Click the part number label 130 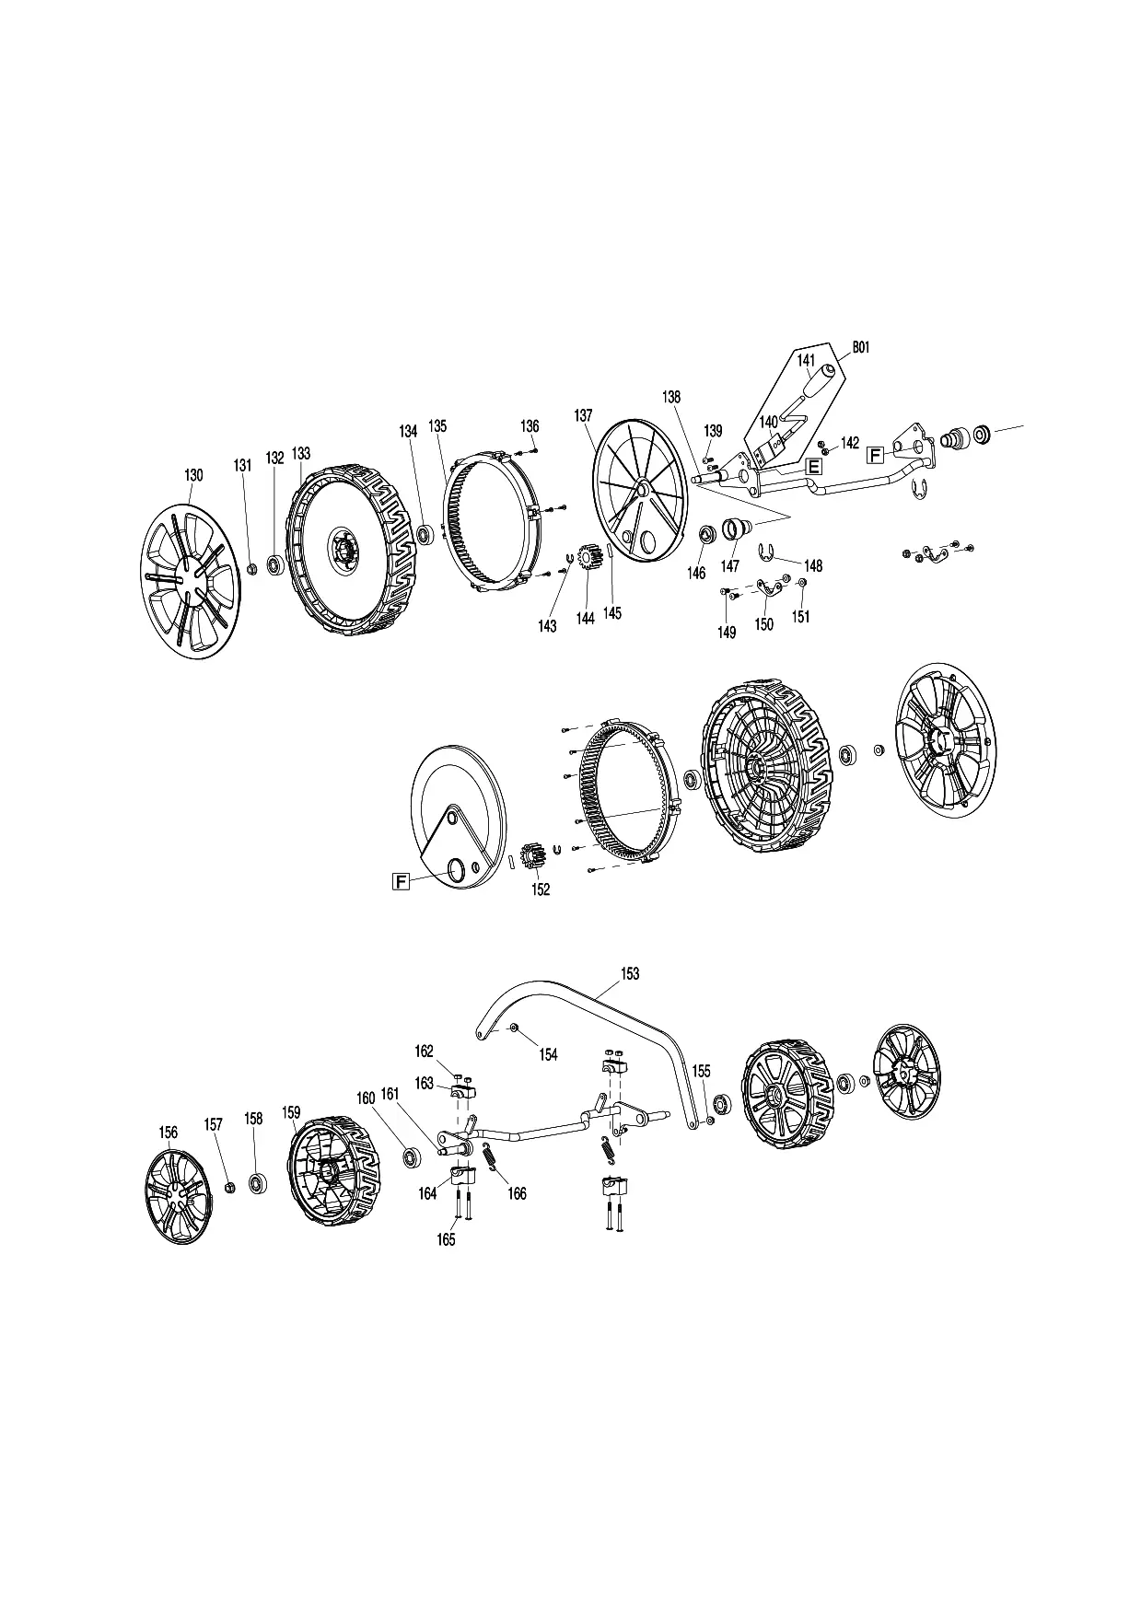click(x=193, y=475)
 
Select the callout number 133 click(x=301, y=454)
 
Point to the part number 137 click(x=584, y=415)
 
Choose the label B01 click(x=860, y=347)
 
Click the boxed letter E click(x=813, y=466)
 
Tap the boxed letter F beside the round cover click(x=401, y=882)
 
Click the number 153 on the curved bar click(x=630, y=973)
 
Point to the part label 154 click(x=548, y=1055)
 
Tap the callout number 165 click(x=446, y=1239)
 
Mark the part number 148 click(x=813, y=565)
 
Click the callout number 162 click(x=424, y=1051)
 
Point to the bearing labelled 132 click(x=275, y=564)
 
